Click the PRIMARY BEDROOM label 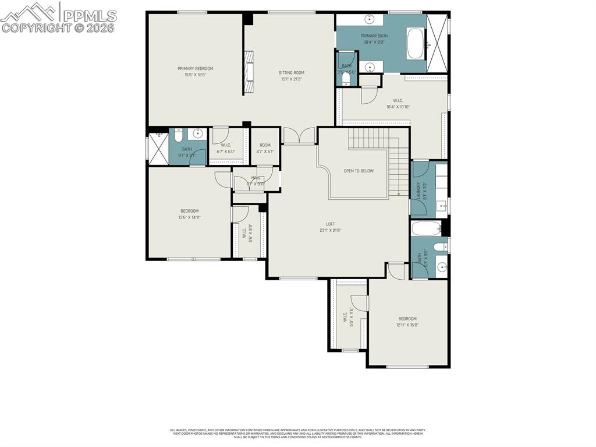(x=196, y=69)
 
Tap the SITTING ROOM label (x=292, y=73)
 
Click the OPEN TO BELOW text (x=359, y=171)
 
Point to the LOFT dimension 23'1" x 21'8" (x=330, y=230)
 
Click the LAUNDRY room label (x=418, y=191)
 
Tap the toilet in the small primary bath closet (x=346, y=78)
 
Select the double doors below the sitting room (x=299, y=136)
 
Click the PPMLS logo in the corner (x=58, y=17)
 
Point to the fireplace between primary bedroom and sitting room (x=249, y=72)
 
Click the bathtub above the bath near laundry (x=427, y=228)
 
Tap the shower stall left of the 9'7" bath (x=157, y=149)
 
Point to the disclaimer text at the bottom (x=297, y=433)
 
